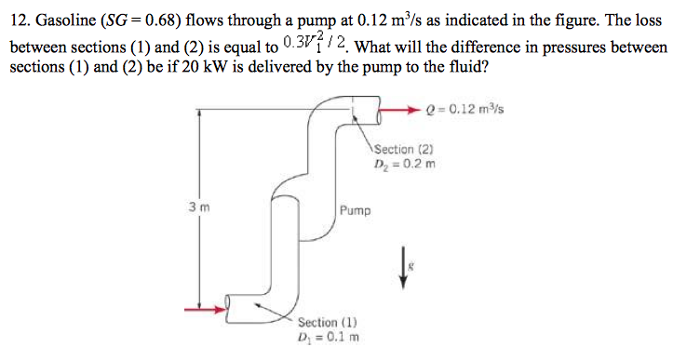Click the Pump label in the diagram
click(355, 211)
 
